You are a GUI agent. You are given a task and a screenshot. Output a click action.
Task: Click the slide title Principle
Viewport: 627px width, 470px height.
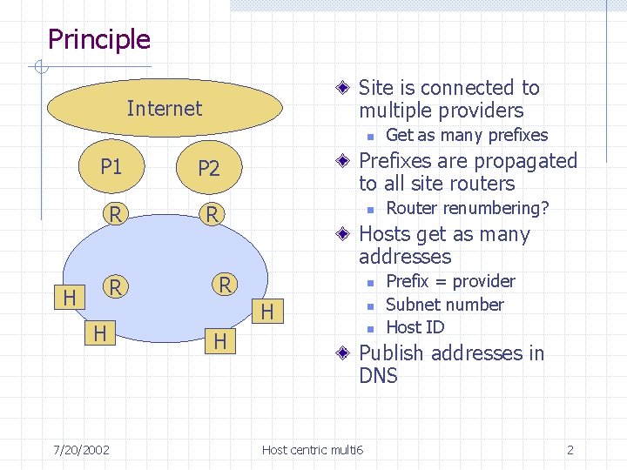[98, 39]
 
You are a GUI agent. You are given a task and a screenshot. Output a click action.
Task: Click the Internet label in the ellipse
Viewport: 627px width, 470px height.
[164, 109]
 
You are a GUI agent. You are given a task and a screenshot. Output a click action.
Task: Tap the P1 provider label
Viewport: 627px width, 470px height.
[111, 166]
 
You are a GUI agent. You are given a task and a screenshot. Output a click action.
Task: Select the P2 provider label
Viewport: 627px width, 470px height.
[209, 168]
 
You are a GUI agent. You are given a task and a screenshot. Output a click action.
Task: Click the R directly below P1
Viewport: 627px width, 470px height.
[112, 212]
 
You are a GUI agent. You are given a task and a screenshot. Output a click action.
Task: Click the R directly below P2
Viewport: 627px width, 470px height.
[209, 213]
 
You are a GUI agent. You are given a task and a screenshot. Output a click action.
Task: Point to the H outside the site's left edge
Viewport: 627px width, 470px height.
[69, 299]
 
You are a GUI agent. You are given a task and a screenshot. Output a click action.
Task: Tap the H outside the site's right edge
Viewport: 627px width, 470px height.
[267, 312]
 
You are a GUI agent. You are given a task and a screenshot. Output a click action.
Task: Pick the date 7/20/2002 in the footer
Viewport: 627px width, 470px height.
[81, 450]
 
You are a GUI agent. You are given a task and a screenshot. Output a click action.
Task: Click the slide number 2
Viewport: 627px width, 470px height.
[570, 450]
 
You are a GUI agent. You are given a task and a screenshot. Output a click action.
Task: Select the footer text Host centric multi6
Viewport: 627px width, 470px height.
[313, 450]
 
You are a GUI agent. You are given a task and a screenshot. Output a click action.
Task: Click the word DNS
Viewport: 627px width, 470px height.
[378, 376]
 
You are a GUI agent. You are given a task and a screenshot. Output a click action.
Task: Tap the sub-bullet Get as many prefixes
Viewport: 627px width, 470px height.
[467, 135]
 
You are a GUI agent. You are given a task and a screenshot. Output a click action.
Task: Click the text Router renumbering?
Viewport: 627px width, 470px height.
[468, 208]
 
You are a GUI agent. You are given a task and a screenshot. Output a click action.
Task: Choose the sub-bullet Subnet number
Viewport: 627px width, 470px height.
[444, 305]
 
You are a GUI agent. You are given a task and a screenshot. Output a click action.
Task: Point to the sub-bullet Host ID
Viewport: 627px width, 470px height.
[415, 327]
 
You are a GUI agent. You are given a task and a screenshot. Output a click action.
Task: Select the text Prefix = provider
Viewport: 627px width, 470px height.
[450, 281]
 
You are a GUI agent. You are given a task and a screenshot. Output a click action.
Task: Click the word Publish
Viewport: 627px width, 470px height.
[392, 353]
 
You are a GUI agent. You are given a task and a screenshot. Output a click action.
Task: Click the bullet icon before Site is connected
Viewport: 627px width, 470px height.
[345, 88]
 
